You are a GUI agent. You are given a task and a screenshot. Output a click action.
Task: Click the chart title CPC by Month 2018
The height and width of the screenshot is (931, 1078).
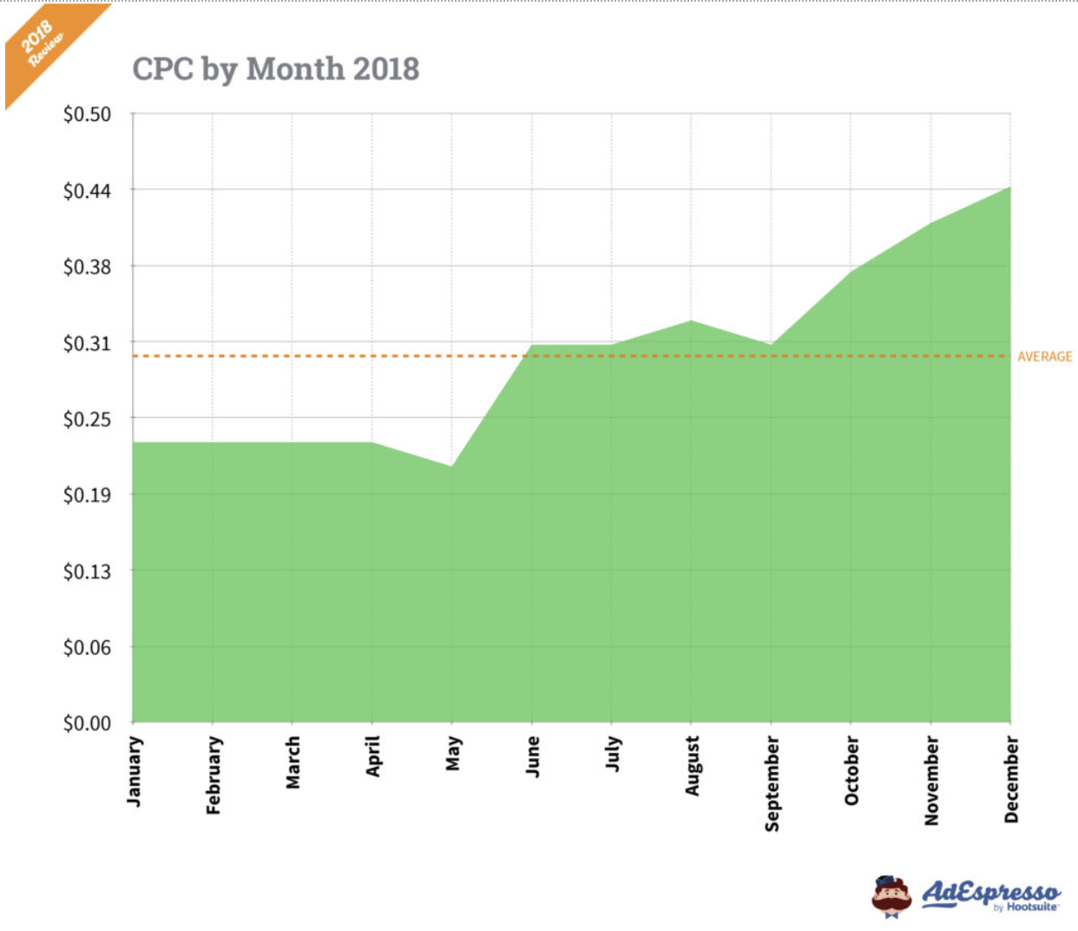275,69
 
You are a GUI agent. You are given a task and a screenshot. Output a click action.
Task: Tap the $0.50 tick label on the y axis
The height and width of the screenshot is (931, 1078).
87,115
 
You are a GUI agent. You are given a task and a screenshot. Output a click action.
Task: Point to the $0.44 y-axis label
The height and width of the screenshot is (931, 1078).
87,191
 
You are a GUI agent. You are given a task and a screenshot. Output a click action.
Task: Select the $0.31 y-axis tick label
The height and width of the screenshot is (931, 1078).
87,344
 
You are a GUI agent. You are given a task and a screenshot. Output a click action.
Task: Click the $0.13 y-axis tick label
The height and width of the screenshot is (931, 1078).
87,571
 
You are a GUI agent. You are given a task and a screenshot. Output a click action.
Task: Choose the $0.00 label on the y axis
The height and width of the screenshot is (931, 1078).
87,723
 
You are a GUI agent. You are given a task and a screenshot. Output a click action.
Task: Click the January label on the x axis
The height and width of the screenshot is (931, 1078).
135,771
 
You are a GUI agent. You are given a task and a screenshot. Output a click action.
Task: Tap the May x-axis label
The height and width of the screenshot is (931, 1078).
452,754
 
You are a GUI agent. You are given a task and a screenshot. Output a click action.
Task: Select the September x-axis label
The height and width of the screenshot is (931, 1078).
772,783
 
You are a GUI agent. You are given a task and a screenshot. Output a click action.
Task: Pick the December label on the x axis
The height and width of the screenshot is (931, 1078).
1011,779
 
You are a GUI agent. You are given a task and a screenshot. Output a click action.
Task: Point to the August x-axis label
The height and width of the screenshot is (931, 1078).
692,766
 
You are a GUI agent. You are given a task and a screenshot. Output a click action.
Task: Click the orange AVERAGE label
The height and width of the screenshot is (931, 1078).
1044,357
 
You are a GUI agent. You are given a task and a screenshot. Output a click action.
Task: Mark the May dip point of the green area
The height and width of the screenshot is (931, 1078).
451,466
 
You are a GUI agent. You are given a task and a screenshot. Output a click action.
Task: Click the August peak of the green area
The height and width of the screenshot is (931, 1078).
691,320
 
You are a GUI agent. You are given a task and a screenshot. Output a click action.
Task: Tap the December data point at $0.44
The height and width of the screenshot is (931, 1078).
1009,187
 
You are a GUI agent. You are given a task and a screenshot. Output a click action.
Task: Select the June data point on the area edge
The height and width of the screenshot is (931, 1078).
531,345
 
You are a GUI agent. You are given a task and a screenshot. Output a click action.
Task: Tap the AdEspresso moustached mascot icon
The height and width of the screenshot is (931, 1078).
891,897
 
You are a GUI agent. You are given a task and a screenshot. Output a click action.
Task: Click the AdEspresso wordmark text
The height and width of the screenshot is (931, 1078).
989,892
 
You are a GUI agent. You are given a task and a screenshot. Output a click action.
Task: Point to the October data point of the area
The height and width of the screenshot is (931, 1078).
851,271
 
